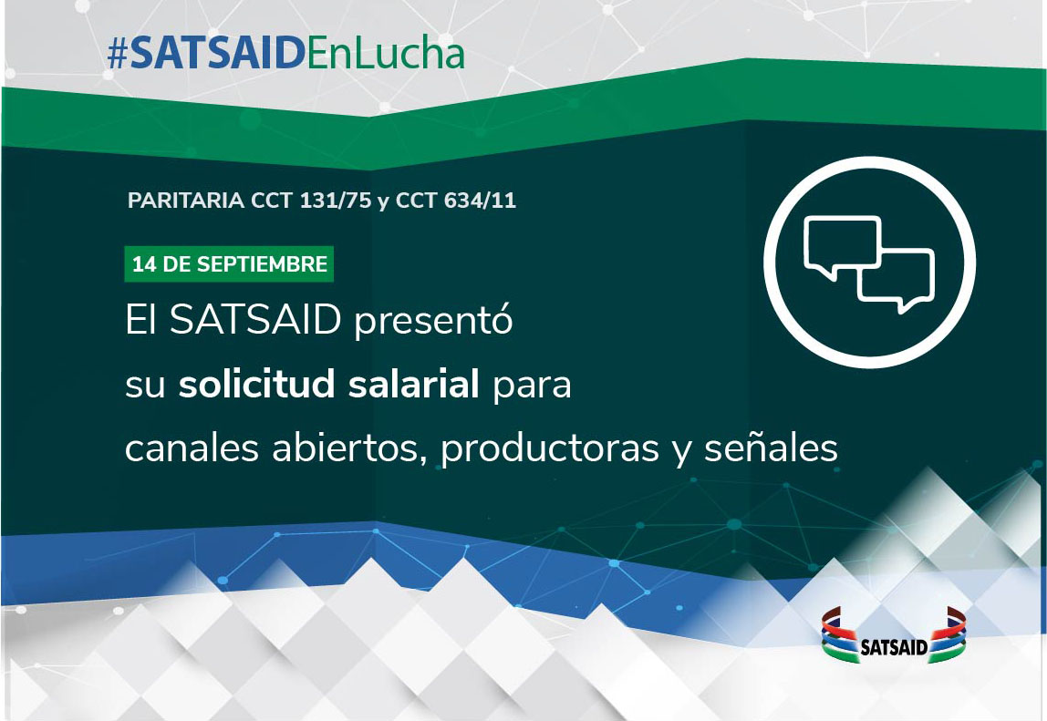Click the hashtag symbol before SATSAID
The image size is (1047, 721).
[x=118, y=55]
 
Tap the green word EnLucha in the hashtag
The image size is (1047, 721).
[x=385, y=54]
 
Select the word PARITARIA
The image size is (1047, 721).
[x=186, y=201]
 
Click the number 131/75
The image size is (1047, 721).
[x=336, y=201]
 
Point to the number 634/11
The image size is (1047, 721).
[x=480, y=201]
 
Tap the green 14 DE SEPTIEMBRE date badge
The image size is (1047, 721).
[x=229, y=264]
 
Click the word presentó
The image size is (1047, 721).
[x=433, y=321]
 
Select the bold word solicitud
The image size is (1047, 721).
[x=256, y=384]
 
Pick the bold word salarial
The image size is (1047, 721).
[x=413, y=384]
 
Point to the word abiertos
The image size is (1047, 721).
[x=349, y=448]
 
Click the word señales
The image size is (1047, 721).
[x=772, y=448]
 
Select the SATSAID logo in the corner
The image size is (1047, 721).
[x=894, y=636]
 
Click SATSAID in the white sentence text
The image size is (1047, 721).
[x=255, y=320]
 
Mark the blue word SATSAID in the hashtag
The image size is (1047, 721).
[x=218, y=54]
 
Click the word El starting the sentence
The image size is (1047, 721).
[x=140, y=320]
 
